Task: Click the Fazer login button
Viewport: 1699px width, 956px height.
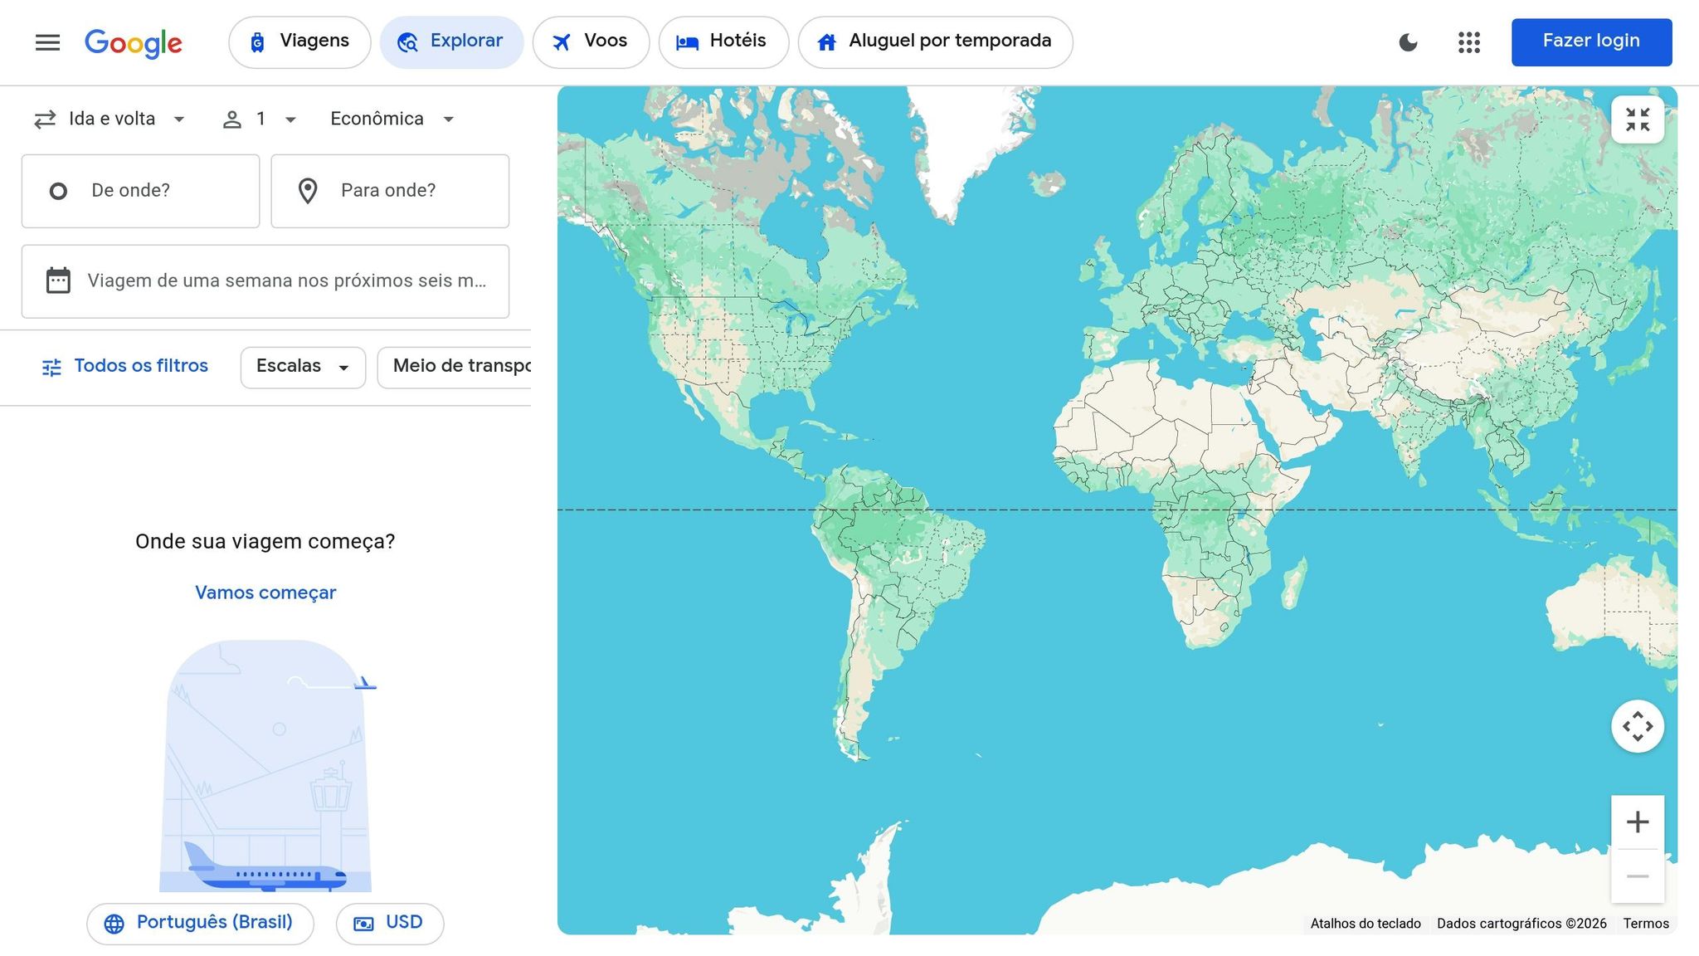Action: click(1590, 41)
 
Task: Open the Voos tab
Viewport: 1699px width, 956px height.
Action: click(591, 41)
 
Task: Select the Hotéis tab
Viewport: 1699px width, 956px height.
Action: click(723, 41)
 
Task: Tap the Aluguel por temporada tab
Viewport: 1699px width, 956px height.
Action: click(935, 41)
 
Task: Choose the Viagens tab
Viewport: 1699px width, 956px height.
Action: click(299, 41)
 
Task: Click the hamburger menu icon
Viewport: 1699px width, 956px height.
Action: click(47, 42)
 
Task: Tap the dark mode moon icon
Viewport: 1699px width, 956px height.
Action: click(1408, 42)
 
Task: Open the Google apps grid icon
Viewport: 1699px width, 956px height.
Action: click(1468, 42)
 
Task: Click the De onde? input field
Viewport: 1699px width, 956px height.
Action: click(141, 191)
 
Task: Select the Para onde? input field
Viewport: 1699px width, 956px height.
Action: click(390, 191)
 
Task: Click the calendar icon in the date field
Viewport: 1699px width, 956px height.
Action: click(58, 280)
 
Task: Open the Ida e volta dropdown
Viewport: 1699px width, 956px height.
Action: click(110, 119)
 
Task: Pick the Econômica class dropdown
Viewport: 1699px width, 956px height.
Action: click(392, 119)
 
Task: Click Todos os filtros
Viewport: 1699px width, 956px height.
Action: click(125, 366)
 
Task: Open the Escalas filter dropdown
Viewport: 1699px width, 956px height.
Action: click(303, 367)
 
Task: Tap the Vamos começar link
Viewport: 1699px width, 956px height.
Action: click(265, 593)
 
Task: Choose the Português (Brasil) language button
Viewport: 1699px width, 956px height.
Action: click(200, 923)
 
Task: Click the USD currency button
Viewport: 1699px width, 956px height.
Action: click(389, 923)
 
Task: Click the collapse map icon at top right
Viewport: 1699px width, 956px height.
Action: click(1637, 119)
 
